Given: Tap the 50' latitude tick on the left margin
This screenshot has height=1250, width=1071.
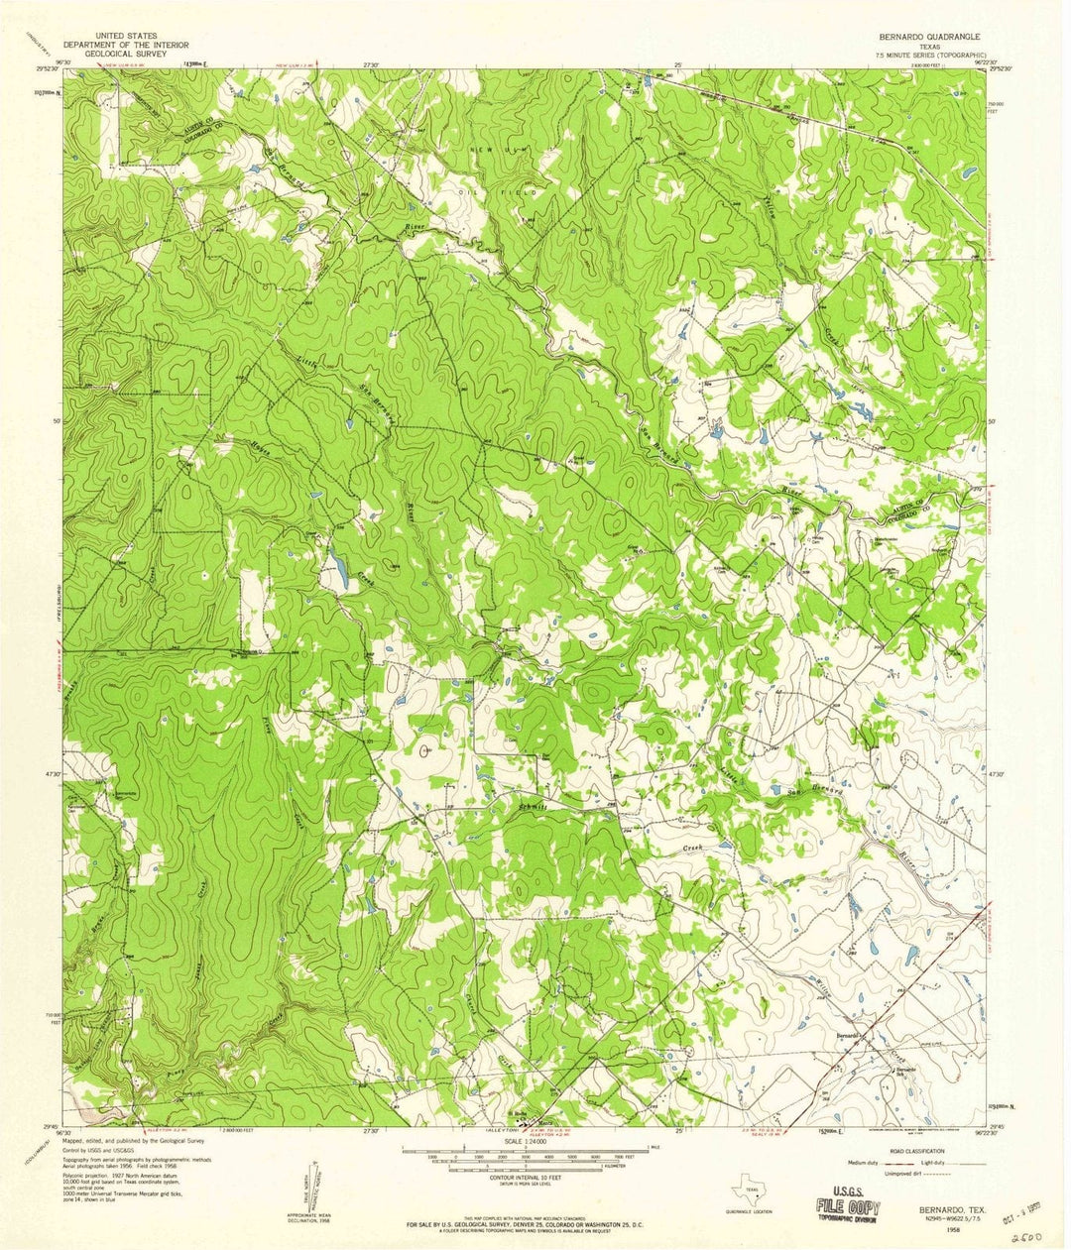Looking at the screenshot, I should click(x=58, y=420).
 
